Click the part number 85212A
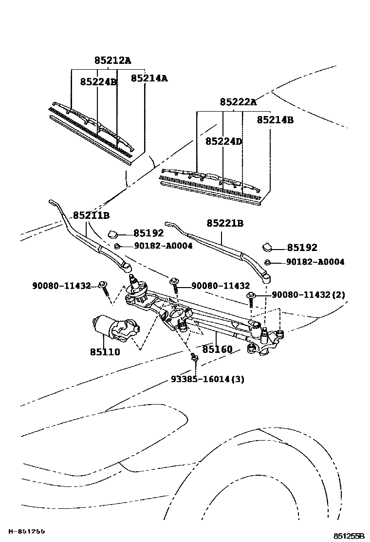(112, 60)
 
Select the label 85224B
(98, 82)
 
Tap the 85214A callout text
(149, 77)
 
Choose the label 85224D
(223, 141)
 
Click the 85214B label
(275, 119)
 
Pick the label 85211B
(91, 215)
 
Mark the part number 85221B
(224, 223)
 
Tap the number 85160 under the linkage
(217, 349)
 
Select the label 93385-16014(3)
(207, 379)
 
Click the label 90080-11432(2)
(308, 295)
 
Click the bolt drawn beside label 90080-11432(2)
(252, 298)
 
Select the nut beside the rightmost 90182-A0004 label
(268, 262)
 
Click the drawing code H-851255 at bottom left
(26, 531)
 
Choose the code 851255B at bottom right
(349, 536)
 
